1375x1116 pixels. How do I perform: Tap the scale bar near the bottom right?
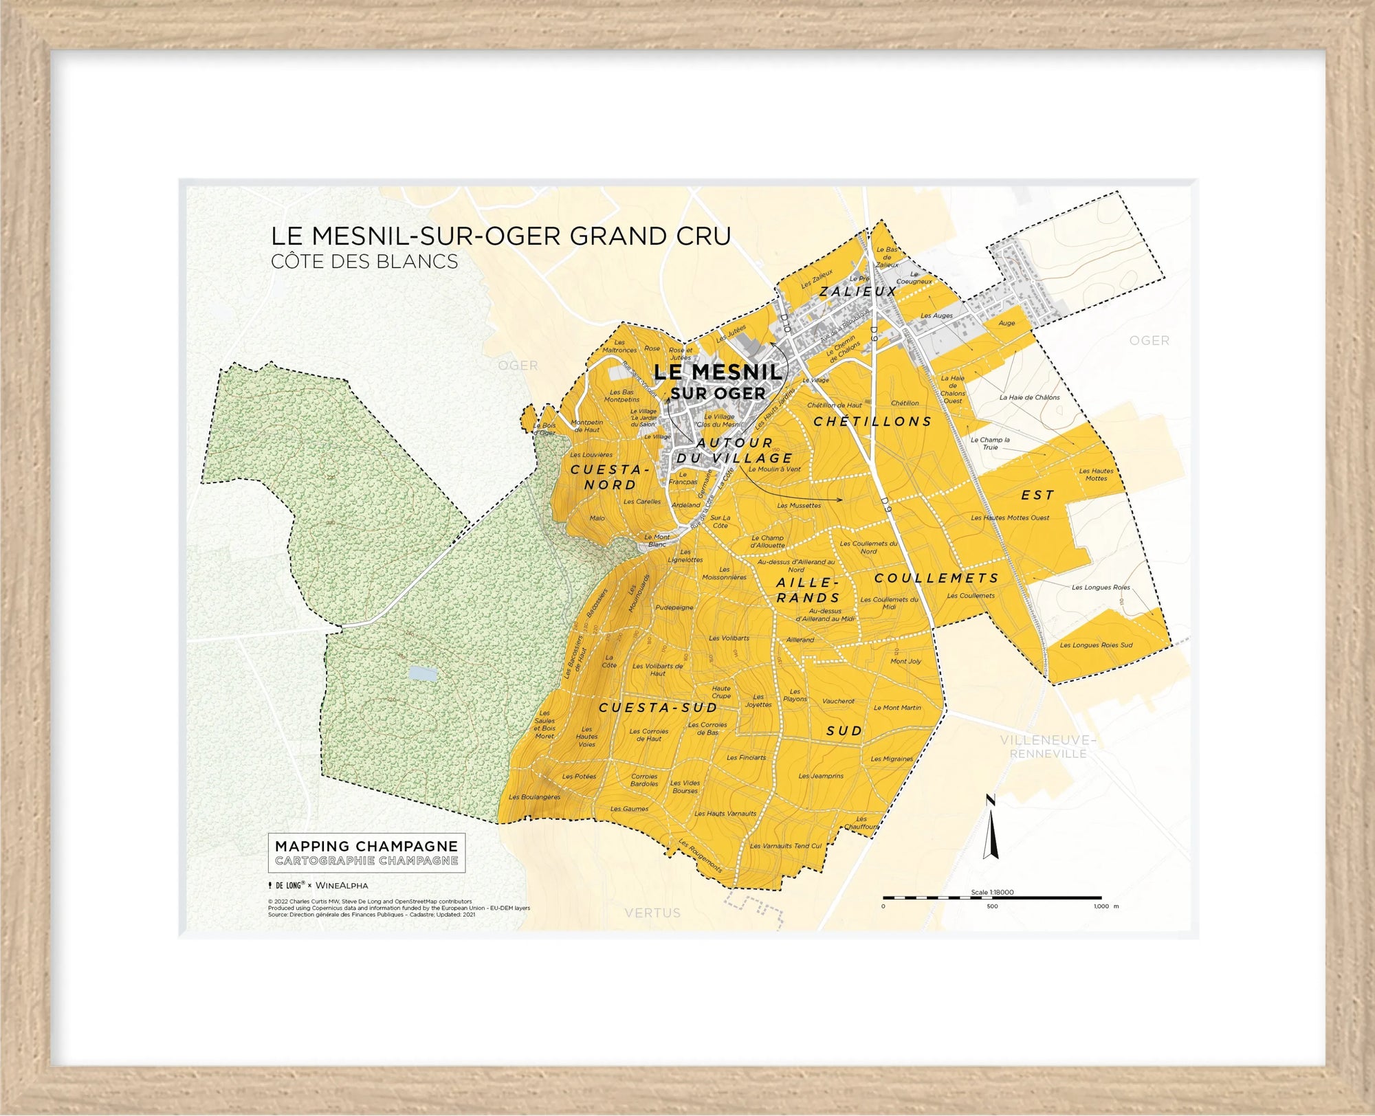tap(992, 897)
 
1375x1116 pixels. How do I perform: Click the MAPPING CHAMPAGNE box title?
tap(366, 846)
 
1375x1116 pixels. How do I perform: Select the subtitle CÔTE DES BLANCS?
tap(364, 262)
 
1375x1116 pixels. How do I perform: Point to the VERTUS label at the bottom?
tap(652, 913)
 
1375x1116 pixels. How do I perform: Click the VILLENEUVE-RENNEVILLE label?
tap(1048, 746)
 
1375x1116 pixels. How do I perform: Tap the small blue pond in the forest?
tap(421, 673)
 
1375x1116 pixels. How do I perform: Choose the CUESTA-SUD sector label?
tap(658, 708)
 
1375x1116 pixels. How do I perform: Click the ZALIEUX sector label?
tap(857, 291)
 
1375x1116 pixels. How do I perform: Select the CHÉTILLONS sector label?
tap(872, 421)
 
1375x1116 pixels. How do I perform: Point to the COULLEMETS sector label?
tap(936, 578)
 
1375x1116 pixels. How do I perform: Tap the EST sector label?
tap(1037, 495)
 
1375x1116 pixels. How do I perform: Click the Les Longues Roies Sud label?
tap(1096, 645)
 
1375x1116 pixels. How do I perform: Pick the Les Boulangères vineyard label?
tap(534, 797)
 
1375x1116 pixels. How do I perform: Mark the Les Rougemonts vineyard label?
tap(700, 856)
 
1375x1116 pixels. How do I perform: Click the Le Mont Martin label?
tap(897, 708)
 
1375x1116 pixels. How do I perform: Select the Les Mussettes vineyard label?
tap(799, 506)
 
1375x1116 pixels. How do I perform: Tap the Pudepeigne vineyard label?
tap(674, 607)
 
